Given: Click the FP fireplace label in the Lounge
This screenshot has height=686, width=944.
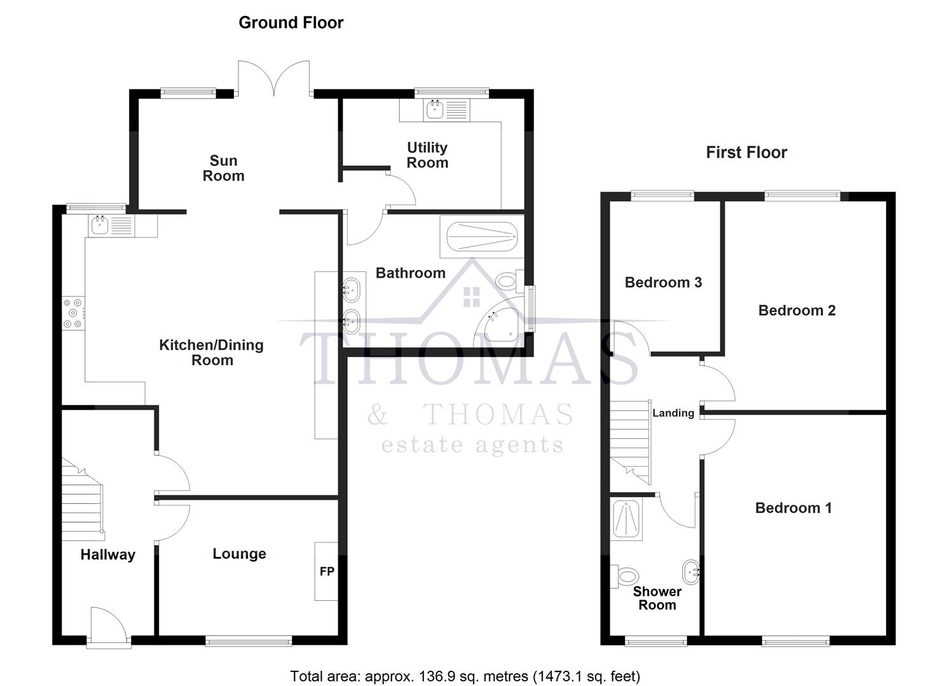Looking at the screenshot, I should coord(327,572).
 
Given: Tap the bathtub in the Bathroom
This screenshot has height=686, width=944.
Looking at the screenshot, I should coord(482,236).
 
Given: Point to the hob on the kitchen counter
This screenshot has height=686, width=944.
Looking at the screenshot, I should coord(72,314).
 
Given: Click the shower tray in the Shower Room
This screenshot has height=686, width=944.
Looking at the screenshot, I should coord(626,519).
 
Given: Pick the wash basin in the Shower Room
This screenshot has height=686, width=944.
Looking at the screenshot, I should coord(690,572).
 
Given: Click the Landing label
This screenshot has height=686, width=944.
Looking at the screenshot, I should coord(673,413).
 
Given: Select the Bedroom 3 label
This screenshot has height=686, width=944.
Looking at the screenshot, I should coord(663,283).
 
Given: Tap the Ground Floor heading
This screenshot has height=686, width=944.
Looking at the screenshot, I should coord(291,23).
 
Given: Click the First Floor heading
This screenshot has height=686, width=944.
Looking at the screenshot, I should coord(746,152).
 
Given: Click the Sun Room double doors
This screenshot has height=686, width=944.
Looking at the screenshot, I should coord(274,79).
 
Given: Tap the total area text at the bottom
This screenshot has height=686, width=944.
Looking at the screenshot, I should coord(465,676).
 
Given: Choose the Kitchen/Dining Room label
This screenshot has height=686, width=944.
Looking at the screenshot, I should coord(211,353).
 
